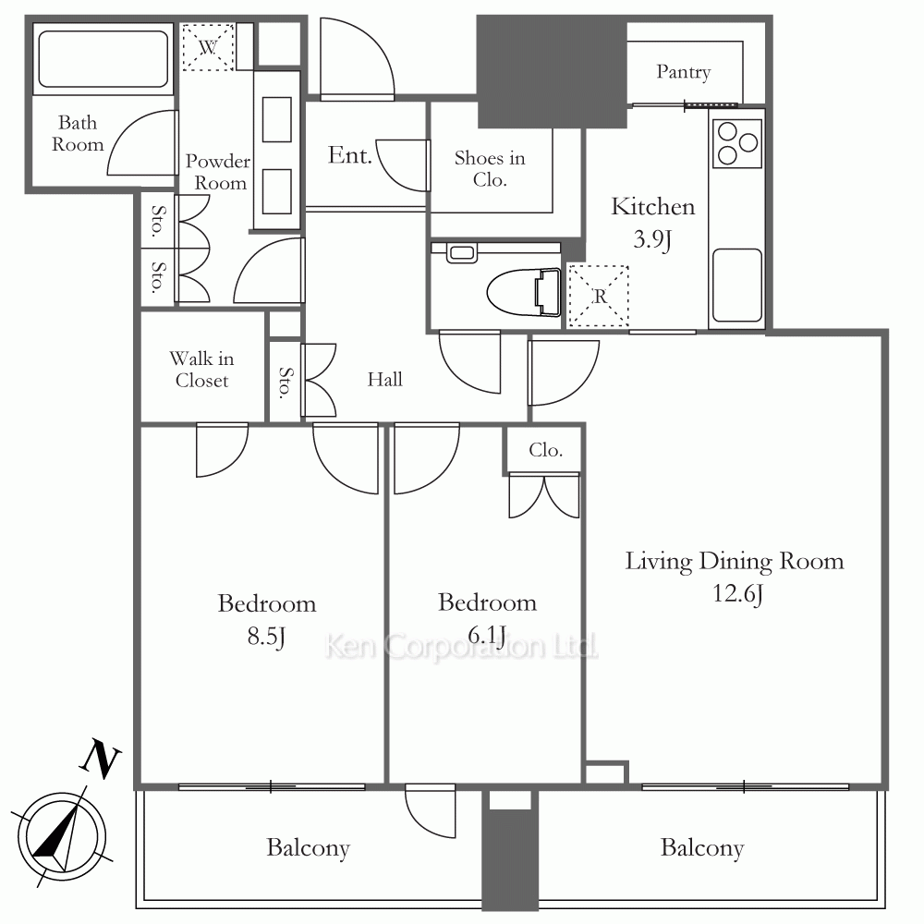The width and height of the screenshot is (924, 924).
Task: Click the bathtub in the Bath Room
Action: (103, 59)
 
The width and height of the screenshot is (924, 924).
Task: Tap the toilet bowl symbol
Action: (524, 292)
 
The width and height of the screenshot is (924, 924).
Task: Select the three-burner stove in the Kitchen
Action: (737, 143)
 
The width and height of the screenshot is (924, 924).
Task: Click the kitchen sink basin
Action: (737, 285)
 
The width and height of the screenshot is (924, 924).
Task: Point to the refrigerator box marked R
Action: (598, 296)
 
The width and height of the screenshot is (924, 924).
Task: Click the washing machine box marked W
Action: (207, 47)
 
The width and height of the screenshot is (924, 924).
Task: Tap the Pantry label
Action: (684, 72)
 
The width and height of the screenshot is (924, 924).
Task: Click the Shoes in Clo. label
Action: (490, 168)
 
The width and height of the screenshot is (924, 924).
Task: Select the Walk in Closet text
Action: (201, 370)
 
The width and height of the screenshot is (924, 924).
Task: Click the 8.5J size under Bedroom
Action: (266, 637)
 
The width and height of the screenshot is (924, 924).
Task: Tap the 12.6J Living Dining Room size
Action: (737, 593)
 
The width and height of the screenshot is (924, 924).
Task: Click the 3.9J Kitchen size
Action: (653, 239)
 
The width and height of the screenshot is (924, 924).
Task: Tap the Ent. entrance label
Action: (350, 155)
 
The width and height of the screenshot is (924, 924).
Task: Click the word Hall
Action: (384, 380)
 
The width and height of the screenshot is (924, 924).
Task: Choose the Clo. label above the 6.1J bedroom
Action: (546, 450)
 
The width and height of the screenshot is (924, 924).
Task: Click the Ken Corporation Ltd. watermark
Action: (461, 647)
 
